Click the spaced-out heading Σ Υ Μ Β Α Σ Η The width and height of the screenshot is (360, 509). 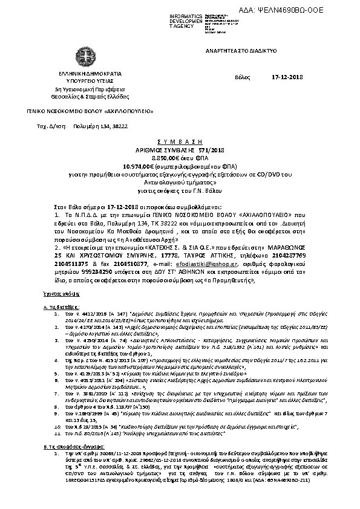[180, 138]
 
